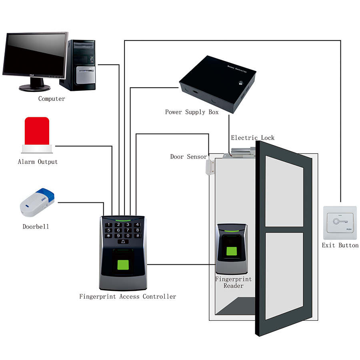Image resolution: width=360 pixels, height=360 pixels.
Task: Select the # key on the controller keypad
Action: coord(138,236)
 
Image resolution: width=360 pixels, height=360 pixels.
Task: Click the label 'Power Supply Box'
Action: coord(192,112)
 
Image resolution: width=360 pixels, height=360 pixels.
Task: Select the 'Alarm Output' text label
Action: coord(38,162)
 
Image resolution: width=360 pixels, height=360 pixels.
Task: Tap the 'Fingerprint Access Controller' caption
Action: coord(128,296)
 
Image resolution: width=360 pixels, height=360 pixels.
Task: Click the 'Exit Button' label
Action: coord(340,245)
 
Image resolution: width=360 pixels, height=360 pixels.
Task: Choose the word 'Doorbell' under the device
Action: coord(36,227)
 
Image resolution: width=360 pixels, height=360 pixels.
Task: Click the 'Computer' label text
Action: coord(52,98)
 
